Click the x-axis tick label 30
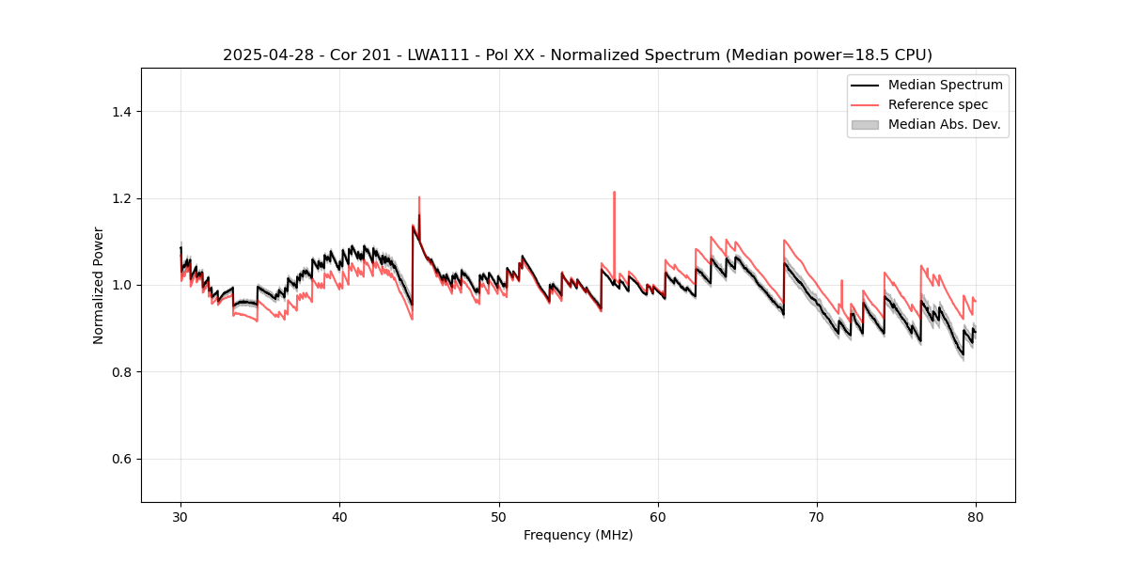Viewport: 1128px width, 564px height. [x=180, y=516]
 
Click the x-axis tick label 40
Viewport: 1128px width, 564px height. [x=339, y=516]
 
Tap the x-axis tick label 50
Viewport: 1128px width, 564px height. [x=499, y=516]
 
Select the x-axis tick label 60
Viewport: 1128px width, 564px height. [x=658, y=516]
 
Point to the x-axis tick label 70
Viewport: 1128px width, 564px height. [x=817, y=516]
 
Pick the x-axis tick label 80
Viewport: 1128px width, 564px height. [x=976, y=516]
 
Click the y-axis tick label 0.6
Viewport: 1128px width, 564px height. [x=121, y=459]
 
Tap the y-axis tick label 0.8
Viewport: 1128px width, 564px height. [x=121, y=372]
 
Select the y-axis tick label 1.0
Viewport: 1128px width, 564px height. [x=121, y=285]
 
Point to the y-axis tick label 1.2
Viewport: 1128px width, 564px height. [x=121, y=198]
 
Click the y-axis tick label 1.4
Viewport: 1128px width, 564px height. [x=121, y=112]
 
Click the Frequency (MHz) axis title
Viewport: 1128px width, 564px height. [x=578, y=535]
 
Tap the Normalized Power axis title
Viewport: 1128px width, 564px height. [x=99, y=285]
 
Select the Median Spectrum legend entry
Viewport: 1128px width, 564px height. [x=945, y=85]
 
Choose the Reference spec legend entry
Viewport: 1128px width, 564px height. [x=937, y=104]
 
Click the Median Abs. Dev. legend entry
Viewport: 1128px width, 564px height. [x=944, y=124]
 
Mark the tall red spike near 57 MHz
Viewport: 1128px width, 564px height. [x=614, y=194]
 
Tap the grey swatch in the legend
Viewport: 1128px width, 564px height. [x=865, y=124]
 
